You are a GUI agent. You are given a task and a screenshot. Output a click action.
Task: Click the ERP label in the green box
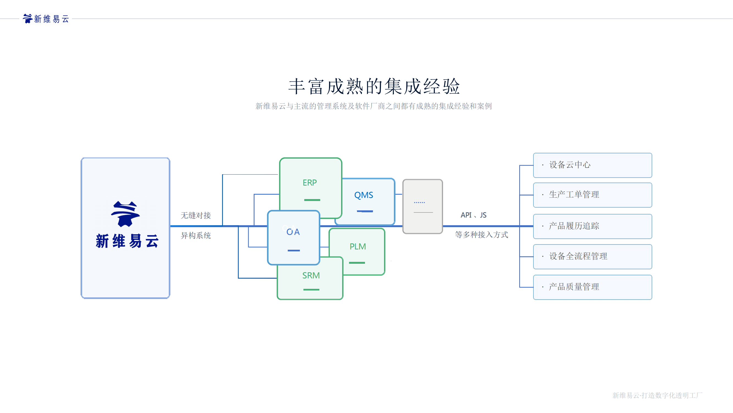click(x=309, y=183)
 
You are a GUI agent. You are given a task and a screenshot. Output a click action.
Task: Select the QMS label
click(x=363, y=195)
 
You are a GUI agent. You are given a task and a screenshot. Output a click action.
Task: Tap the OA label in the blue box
click(x=293, y=232)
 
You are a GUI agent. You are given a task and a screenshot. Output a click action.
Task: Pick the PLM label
click(x=358, y=246)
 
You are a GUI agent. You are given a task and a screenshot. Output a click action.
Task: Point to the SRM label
click(x=311, y=275)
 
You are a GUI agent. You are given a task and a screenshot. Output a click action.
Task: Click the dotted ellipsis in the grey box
click(x=419, y=202)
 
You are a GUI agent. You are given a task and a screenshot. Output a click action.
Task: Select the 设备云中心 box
click(x=593, y=165)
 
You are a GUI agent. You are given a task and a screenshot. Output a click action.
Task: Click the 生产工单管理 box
click(x=593, y=195)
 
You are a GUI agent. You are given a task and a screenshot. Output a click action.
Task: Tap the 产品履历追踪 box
click(x=593, y=226)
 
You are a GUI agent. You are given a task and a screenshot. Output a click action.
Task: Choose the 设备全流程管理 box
click(x=593, y=257)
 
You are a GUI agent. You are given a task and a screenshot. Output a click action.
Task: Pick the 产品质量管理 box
click(x=593, y=287)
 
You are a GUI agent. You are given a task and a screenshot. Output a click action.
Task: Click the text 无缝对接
click(x=196, y=215)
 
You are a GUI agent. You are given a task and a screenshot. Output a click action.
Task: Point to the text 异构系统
click(x=196, y=235)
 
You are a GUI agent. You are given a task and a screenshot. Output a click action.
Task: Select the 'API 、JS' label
click(x=474, y=215)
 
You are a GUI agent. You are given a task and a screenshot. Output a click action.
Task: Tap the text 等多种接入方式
click(x=482, y=235)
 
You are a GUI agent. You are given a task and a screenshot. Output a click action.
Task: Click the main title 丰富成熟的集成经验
click(x=374, y=86)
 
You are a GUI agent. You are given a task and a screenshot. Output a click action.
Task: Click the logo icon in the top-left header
click(x=27, y=18)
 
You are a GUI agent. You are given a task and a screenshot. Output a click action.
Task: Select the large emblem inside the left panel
click(x=126, y=214)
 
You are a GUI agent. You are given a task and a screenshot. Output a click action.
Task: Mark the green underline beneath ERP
click(x=312, y=200)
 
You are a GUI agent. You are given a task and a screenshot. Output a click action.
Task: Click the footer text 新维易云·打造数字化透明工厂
click(x=657, y=395)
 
